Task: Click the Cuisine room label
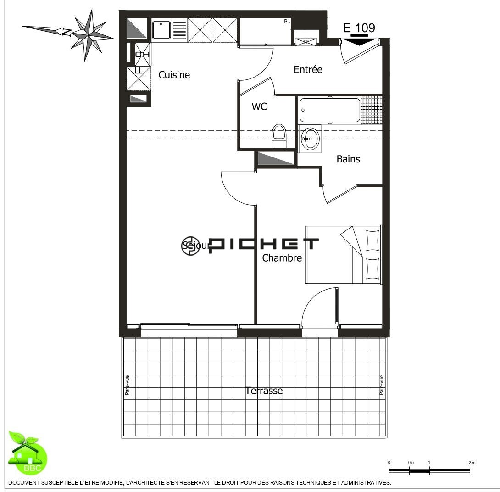click(174, 75)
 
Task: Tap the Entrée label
click(308, 70)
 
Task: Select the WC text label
click(259, 107)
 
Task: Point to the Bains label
click(348, 159)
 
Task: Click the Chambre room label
click(282, 258)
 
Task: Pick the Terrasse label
click(264, 391)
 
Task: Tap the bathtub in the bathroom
click(330, 110)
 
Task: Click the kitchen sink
click(161, 30)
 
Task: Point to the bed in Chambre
click(343, 255)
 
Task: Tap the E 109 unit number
click(359, 28)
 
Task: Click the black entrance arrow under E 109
click(359, 41)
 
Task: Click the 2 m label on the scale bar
click(472, 462)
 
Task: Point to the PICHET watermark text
click(264, 245)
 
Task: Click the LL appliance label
click(138, 71)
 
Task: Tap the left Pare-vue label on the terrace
click(127, 385)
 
